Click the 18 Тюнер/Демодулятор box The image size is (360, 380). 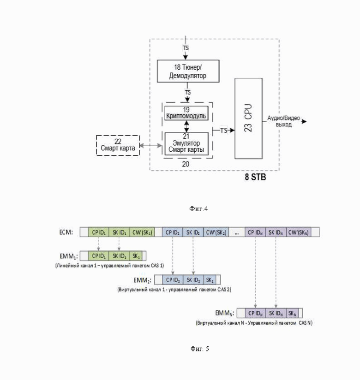[188, 71]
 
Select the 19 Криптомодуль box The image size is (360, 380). [186, 113]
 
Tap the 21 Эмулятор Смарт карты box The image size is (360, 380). [186, 143]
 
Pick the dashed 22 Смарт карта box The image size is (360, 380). [118, 145]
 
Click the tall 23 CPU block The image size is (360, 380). [248, 118]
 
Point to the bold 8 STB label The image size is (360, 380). [255, 177]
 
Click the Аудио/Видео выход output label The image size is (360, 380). [283, 121]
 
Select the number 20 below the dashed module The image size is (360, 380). [186, 164]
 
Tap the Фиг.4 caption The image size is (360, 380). [198, 208]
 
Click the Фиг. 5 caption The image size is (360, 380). [200, 349]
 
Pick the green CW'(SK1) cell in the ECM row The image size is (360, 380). [142, 232]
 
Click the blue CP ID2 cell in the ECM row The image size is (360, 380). [173, 232]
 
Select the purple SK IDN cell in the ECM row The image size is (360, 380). [276, 232]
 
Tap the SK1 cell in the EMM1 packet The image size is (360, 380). [136, 256]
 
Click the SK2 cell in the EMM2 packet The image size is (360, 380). [210, 280]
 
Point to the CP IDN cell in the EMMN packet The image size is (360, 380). [255, 313]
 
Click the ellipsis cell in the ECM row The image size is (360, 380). [237, 232]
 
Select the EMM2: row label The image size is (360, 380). [143, 280]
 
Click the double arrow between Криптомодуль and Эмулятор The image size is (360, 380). [186, 126]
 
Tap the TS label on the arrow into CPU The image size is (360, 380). [223, 131]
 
